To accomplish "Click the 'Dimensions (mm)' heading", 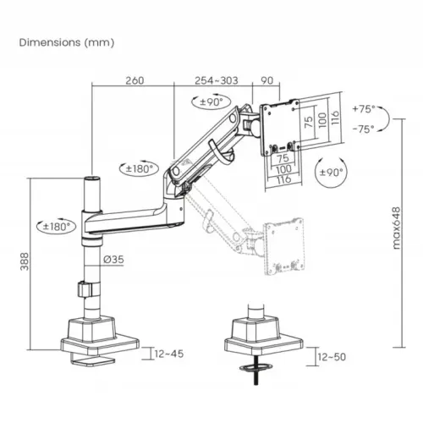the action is pyautogui.click(x=67, y=42).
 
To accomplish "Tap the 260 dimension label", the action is pyautogui.click(x=135, y=80).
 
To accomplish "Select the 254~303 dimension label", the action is pyautogui.click(x=217, y=80).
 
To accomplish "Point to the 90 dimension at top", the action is pyautogui.click(x=266, y=80).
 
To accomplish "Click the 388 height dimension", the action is pyautogui.click(x=25, y=261).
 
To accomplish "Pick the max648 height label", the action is pyautogui.click(x=396, y=228).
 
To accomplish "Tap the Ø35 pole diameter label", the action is pyautogui.click(x=113, y=259).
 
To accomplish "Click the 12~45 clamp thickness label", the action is pyautogui.click(x=169, y=354).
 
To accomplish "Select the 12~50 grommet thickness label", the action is pyautogui.click(x=332, y=357).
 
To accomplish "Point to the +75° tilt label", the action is pyautogui.click(x=364, y=109).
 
